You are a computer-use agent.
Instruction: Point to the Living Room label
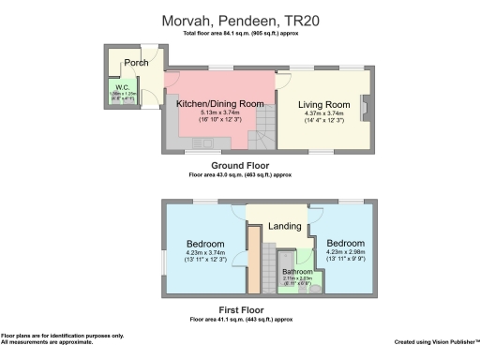tap(323, 104)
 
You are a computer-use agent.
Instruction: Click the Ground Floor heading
tap(240, 165)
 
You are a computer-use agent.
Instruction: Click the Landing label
tap(284, 226)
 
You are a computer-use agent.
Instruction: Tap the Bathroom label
tap(298, 272)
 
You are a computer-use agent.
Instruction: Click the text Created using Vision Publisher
tap(436, 341)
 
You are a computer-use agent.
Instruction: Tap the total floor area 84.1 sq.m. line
tap(240, 35)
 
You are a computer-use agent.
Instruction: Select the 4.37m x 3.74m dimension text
tap(323, 115)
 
